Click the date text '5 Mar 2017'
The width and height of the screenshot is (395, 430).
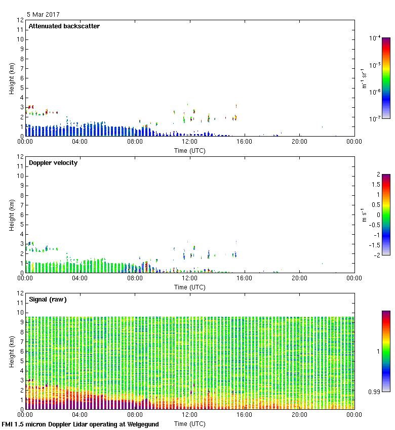coord(43,15)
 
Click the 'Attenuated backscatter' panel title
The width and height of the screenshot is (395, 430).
coord(64,26)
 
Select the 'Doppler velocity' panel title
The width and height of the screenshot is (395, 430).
coord(53,163)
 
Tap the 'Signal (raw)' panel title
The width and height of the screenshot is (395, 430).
coord(48,299)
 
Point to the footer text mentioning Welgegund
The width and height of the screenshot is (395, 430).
coord(80,424)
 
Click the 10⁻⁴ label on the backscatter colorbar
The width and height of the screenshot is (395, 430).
coord(375,38)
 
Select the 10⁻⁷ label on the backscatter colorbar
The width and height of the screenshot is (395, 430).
coord(375,119)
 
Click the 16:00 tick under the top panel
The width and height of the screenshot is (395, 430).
coord(244,142)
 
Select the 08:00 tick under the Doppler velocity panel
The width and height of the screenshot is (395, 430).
coord(135,279)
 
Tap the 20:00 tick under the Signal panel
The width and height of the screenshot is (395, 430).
coord(299,415)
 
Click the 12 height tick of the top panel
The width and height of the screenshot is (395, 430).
coord(20,20)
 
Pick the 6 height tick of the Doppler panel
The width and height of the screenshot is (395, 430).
coord(22,214)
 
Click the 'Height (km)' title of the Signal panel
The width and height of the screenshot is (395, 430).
coord(11,352)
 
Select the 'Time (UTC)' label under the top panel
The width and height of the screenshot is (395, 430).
coord(189,150)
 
